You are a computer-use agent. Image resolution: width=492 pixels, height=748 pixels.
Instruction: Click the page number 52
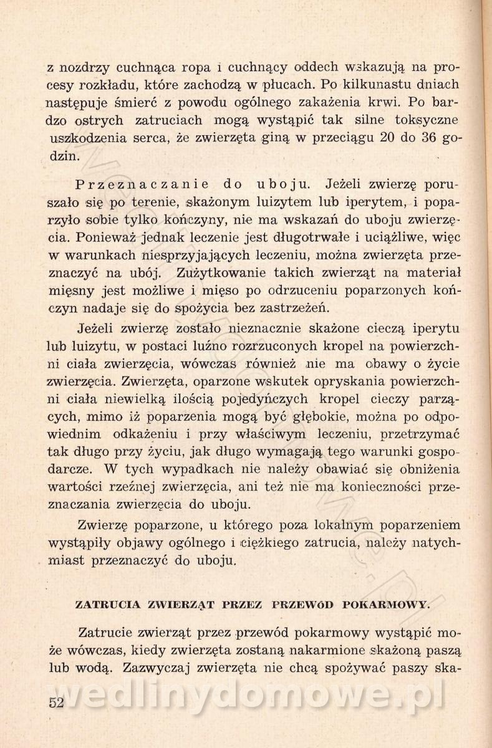click(x=57, y=703)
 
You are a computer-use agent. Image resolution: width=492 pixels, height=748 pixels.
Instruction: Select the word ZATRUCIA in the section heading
click(x=102, y=604)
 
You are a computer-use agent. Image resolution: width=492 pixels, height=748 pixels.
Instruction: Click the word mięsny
click(x=70, y=290)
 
